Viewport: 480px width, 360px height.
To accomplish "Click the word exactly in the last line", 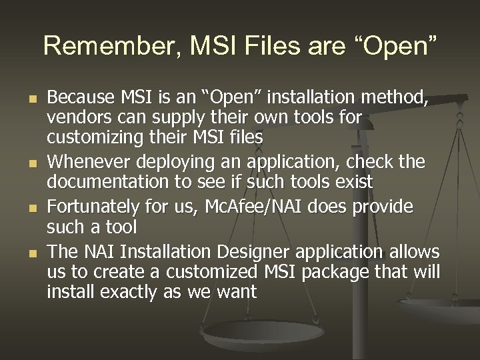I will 119,292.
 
